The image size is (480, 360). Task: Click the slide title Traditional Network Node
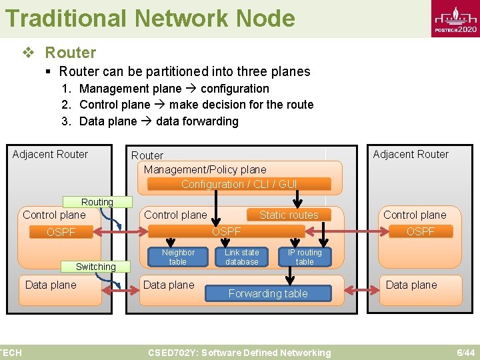pyautogui.click(x=150, y=18)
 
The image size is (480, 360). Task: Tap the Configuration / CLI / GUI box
pyautogui.click(x=239, y=184)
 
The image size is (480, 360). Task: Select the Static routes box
pyautogui.click(x=289, y=215)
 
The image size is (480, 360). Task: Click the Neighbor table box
pyautogui.click(x=178, y=257)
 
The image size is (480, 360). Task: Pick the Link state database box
pyautogui.click(x=241, y=257)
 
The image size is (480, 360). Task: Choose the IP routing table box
pyautogui.click(x=304, y=257)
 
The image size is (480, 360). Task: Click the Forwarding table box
pyautogui.click(x=268, y=293)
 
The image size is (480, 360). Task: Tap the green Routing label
pyautogui.click(x=97, y=202)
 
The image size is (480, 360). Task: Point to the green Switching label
pyautogui.click(x=96, y=267)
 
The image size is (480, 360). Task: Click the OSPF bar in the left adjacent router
pyautogui.click(x=61, y=232)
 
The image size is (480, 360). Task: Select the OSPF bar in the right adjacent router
pyautogui.click(x=420, y=231)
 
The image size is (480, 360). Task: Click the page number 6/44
pyautogui.click(x=465, y=353)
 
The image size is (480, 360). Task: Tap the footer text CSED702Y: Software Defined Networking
pyautogui.click(x=239, y=353)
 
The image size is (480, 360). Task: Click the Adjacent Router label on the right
pyautogui.click(x=411, y=154)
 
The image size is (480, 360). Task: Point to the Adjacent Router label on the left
pyautogui.click(x=50, y=154)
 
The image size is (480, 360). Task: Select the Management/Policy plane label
pyautogui.click(x=205, y=169)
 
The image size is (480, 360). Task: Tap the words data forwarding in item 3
pyautogui.click(x=197, y=121)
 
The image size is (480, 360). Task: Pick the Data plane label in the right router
pyautogui.click(x=411, y=285)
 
